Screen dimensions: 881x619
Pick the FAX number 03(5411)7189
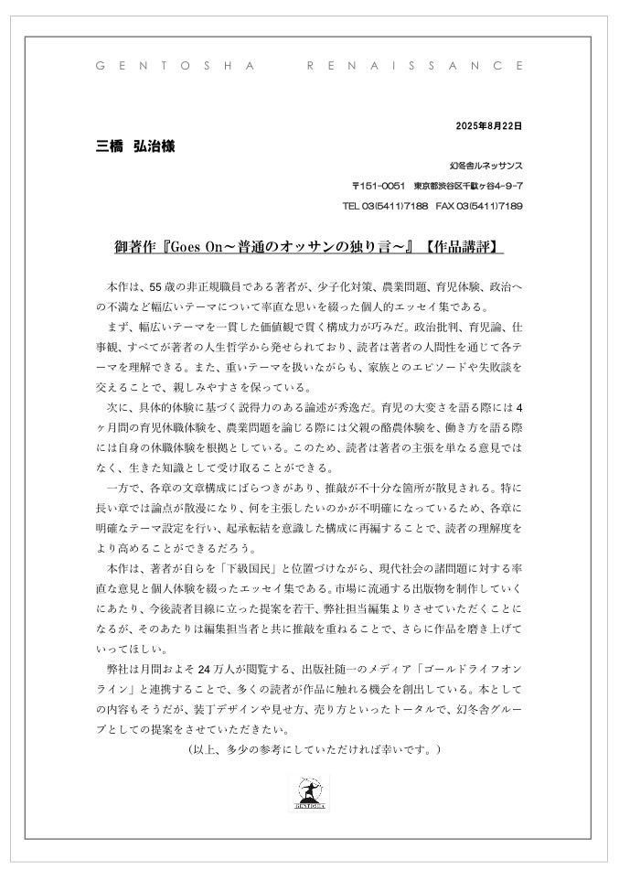point(494,206)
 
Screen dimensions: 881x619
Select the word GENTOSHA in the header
point(172,67)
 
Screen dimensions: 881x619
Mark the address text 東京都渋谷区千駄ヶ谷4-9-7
point(468,186)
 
